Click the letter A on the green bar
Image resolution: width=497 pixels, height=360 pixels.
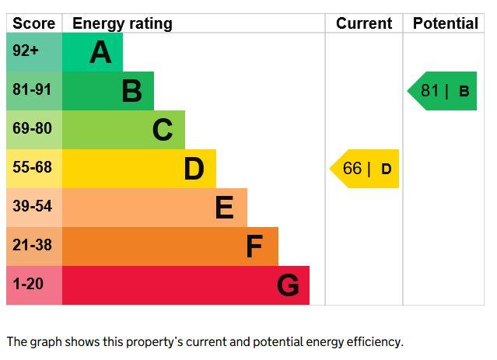click(100, 52)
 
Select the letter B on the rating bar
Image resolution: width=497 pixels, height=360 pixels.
click(132, 91)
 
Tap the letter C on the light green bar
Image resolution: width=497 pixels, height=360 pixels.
click(163, 130)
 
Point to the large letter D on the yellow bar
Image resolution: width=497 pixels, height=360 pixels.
click(194, 169)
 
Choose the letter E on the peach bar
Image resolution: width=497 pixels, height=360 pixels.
click(225, 208)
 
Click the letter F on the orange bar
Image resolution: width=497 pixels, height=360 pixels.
click(254, 246)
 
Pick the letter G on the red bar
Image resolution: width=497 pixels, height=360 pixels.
click(288, 285)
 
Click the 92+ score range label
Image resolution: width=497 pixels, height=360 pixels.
click(26, 51)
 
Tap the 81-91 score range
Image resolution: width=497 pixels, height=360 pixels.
click(32, 89)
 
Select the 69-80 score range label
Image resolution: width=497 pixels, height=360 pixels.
click(32, 128)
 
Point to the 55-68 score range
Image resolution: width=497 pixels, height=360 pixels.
click(32, 167)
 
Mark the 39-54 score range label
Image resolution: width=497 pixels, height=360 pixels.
click(32, 206)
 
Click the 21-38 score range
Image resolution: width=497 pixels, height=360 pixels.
click(32, 245)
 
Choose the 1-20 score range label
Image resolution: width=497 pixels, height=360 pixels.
click(28, 284)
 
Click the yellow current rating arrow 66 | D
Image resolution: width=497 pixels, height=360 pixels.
click(364, 169)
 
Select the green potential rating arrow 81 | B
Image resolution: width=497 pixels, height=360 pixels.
click(442, 91)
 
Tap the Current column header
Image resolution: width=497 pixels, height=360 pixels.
click(364, 23)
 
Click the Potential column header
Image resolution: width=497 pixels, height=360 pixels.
click(446, 23)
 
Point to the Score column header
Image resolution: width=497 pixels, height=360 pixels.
click(34, 23)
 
